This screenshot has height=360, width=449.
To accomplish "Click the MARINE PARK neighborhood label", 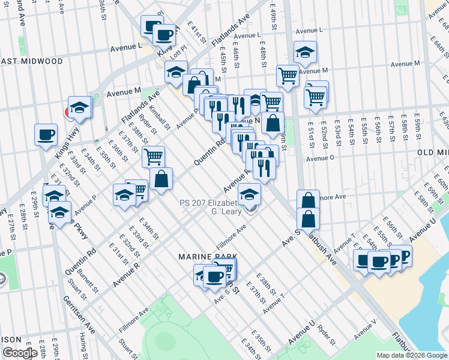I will point(205,256).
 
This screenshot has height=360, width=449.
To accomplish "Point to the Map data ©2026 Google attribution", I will point(412,355).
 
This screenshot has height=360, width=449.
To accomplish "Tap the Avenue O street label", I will point(320,158).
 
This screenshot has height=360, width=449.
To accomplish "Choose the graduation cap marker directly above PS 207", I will point(250,193).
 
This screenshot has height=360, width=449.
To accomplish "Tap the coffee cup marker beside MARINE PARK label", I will point(214,277).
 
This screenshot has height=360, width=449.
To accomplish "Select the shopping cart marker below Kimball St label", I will point(154,157).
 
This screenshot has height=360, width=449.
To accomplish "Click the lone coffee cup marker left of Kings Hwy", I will point(46,134).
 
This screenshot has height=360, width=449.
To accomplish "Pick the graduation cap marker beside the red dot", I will point(79,107).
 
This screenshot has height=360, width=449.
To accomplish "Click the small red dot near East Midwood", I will point(68,112).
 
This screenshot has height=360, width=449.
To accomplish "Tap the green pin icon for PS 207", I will point(250,208).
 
